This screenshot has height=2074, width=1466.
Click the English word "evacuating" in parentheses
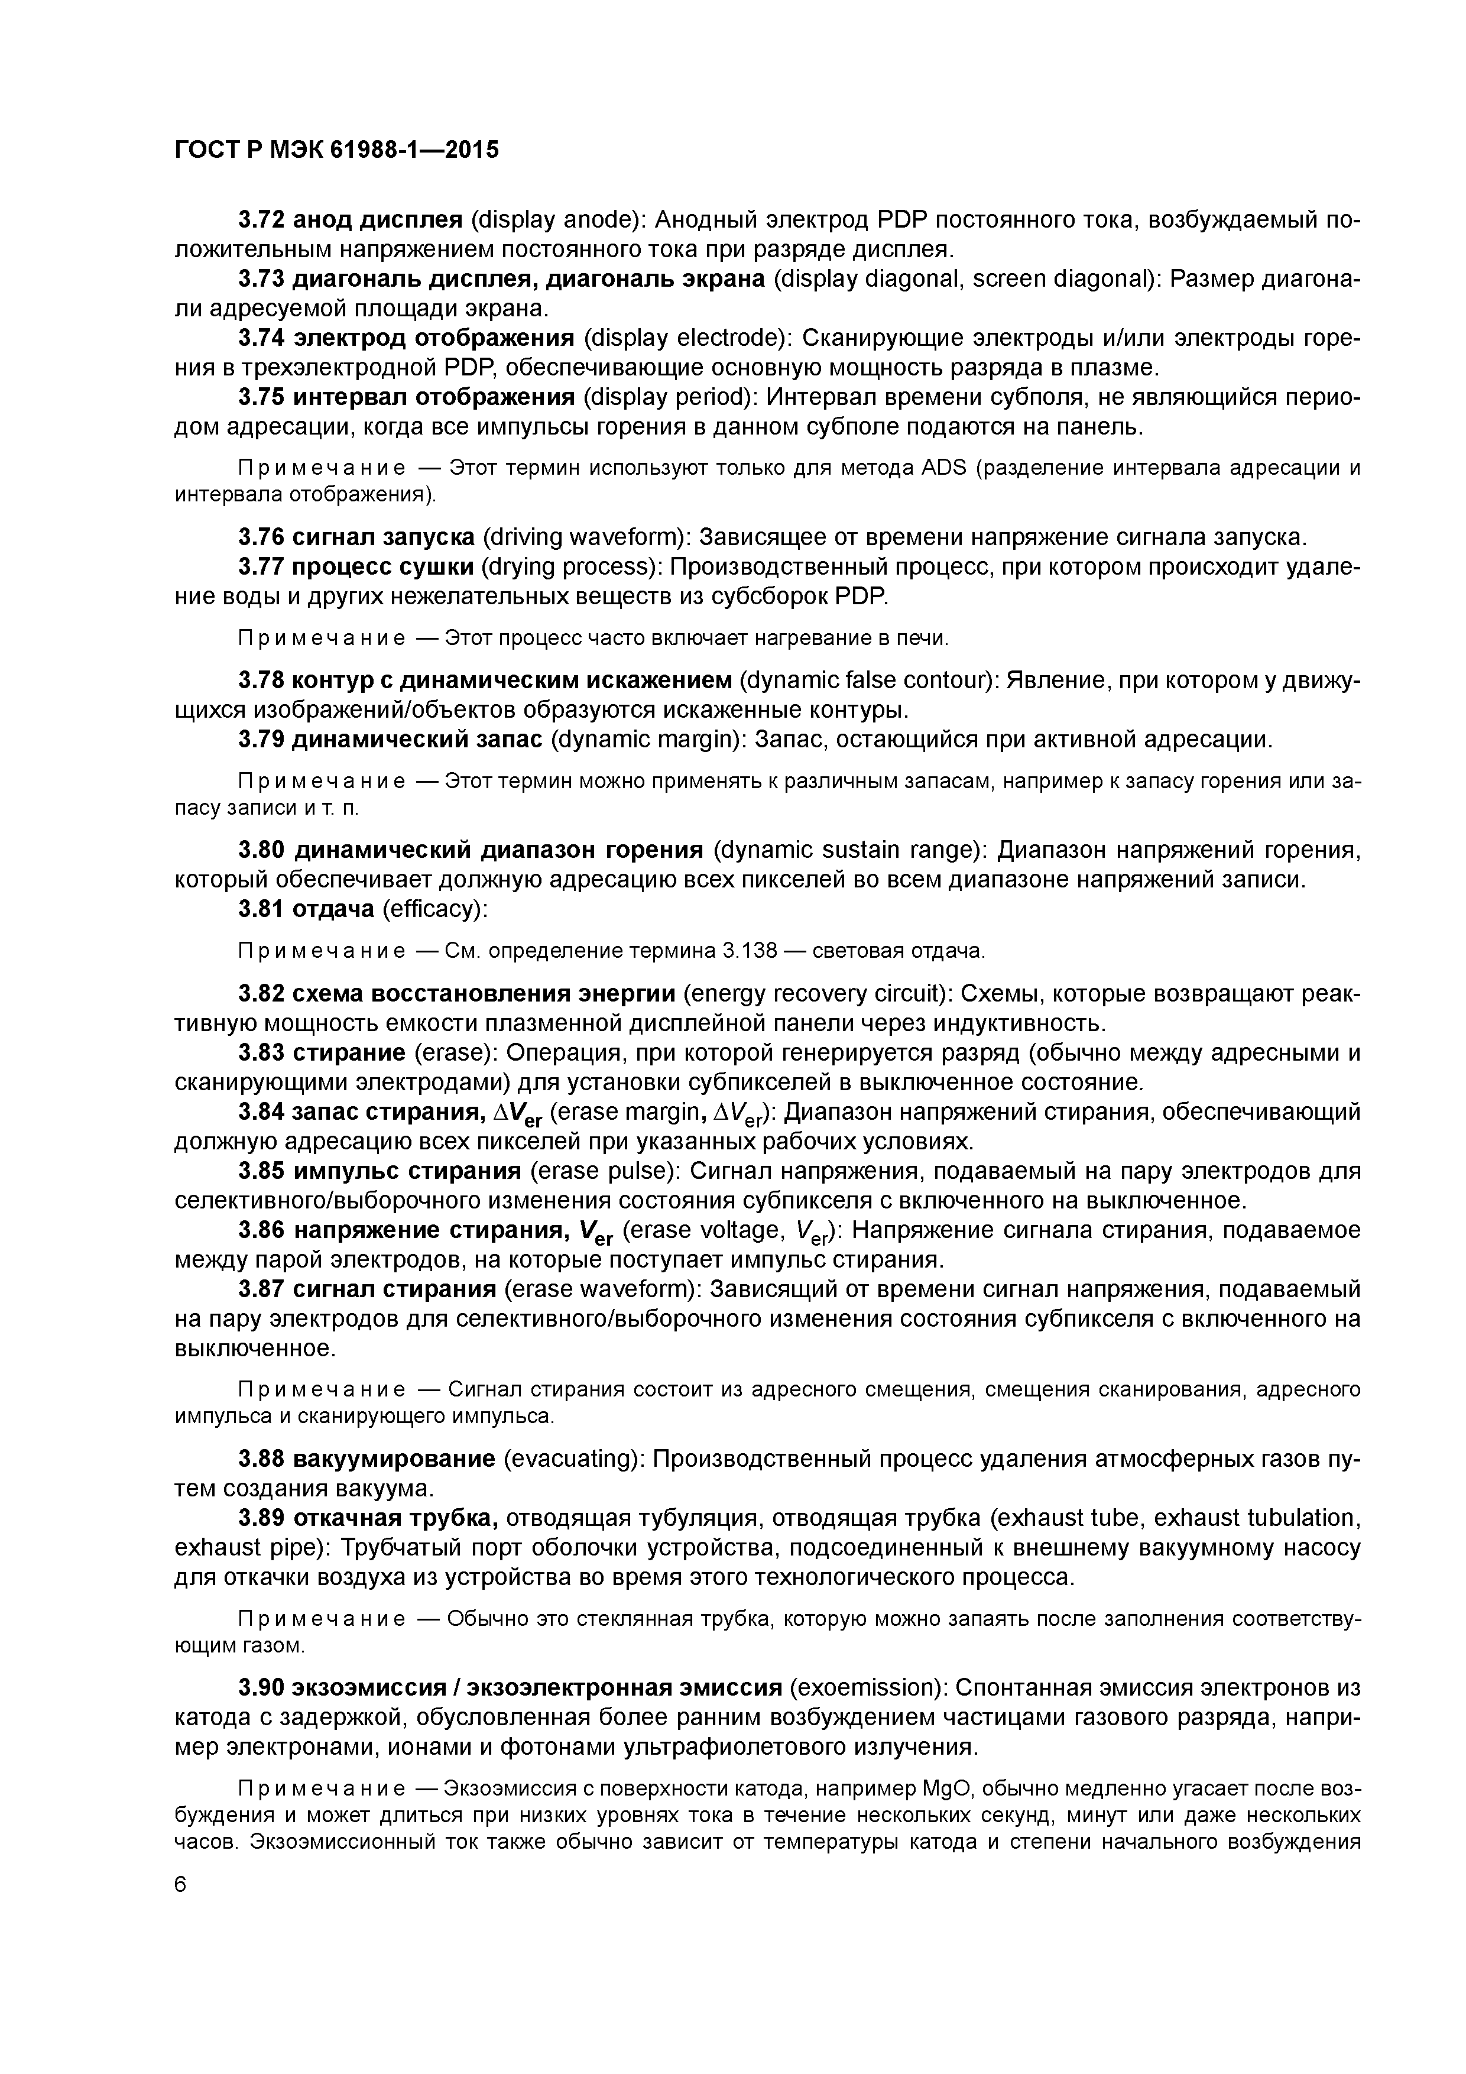571,1459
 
